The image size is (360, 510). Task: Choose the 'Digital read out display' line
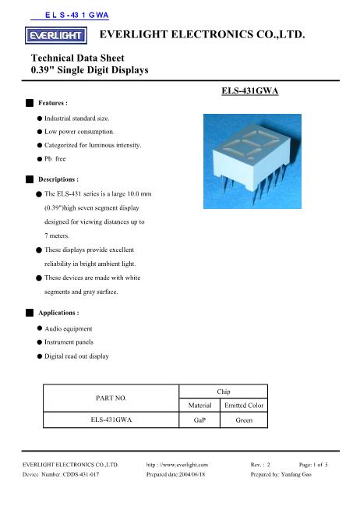[x=76, y=356]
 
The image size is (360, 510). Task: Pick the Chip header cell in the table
[x=223, y=390]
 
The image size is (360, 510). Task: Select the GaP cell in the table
[x=200, y=420]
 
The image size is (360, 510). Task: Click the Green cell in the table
[x=245, y=420]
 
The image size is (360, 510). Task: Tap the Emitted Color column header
[x=245, y=405]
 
